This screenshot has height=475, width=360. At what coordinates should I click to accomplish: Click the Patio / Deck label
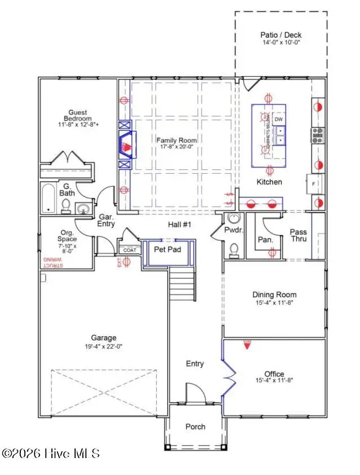[280, 34]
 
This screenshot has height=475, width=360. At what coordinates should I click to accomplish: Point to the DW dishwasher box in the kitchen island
[278, 120]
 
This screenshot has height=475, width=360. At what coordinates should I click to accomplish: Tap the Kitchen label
[269, 182]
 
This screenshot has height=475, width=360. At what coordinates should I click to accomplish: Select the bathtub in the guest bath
[49, 198]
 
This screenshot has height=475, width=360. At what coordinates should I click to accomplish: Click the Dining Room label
[274, 294]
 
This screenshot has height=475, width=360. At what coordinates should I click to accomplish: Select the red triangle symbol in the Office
[247, 344]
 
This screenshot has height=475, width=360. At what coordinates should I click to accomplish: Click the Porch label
[195, 426]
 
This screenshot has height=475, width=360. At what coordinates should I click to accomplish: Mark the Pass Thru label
[298, 236]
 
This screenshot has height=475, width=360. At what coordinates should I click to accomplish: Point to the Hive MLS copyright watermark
[51, 453]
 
